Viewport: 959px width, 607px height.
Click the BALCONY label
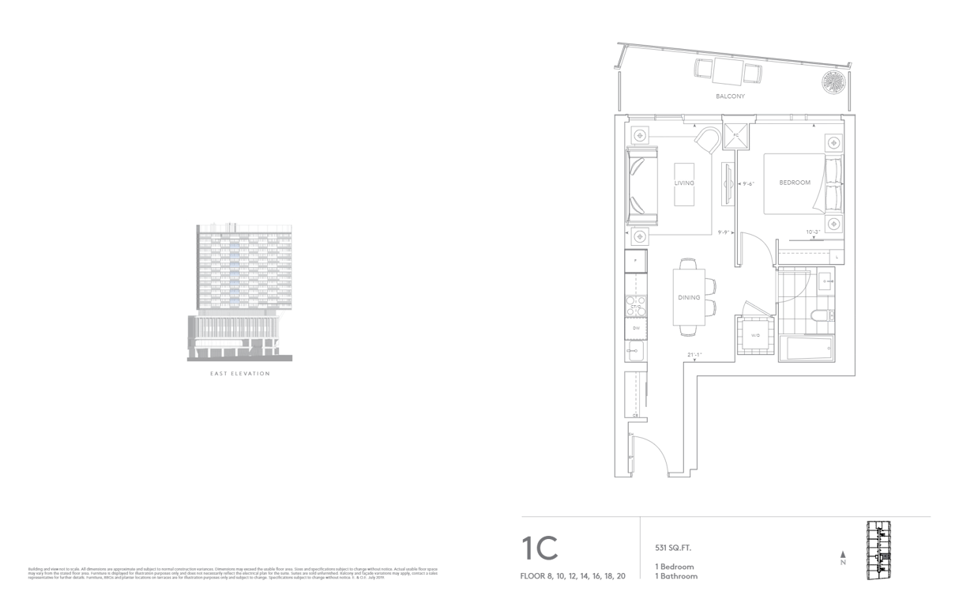[731, 96]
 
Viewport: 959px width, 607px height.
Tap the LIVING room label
[684, 183]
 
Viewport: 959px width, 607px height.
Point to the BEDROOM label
[795, 183]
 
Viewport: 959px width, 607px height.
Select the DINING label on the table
[689, 297]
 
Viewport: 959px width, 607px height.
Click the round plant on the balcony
[833, 82]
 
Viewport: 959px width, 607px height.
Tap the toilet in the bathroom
[822, 316]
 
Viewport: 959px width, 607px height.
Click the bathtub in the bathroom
[806, 349]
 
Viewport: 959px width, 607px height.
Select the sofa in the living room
[642, 185]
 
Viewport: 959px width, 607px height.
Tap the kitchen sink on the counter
[634, 348]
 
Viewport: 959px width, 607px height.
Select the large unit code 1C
[540, 549]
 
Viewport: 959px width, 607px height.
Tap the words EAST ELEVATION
[239, 374]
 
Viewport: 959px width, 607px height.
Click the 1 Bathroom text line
[675, 577]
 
